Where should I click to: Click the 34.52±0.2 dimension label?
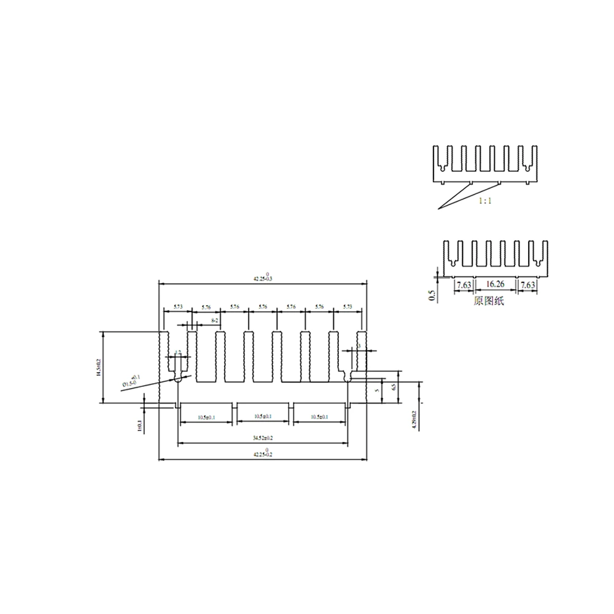(263, 438)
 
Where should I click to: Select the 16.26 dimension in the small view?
(495, 284)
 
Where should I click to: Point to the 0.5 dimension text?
(431, 296)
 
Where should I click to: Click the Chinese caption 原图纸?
(488, 301)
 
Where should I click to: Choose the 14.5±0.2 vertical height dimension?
(97, 367)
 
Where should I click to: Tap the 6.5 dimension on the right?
(394, 388)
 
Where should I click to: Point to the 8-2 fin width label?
(214, 321)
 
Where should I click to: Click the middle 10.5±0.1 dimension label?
(263, 417)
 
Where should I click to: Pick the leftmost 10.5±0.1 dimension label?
(206, 417)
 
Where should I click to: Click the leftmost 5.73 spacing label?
(177, 306)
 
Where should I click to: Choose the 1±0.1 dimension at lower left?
(139, 426)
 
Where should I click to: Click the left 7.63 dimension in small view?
(464, 284)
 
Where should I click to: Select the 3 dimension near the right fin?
(359, 346)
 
